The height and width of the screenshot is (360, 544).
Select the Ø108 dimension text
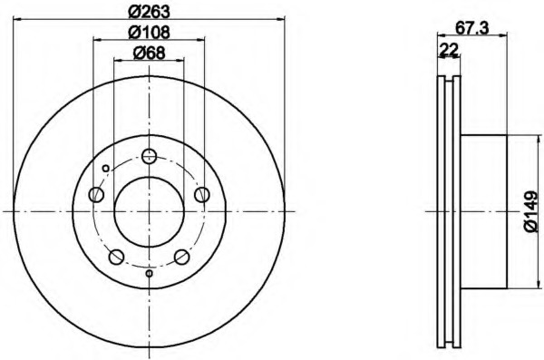(x=150, y=33)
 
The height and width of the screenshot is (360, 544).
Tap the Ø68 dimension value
(x=150, y=53)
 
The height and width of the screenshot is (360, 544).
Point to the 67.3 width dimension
(x=471, y=28)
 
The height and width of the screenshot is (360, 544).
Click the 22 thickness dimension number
(x=449, y=49)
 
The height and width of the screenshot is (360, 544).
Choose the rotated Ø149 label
(x=532, y=212)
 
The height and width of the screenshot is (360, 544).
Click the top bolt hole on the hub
(x=150, y=156)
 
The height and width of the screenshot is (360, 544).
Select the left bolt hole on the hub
(x=96, y=194)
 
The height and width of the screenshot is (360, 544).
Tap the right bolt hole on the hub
(x=202, y=194)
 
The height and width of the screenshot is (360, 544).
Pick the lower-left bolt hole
(x=116, y=257)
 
